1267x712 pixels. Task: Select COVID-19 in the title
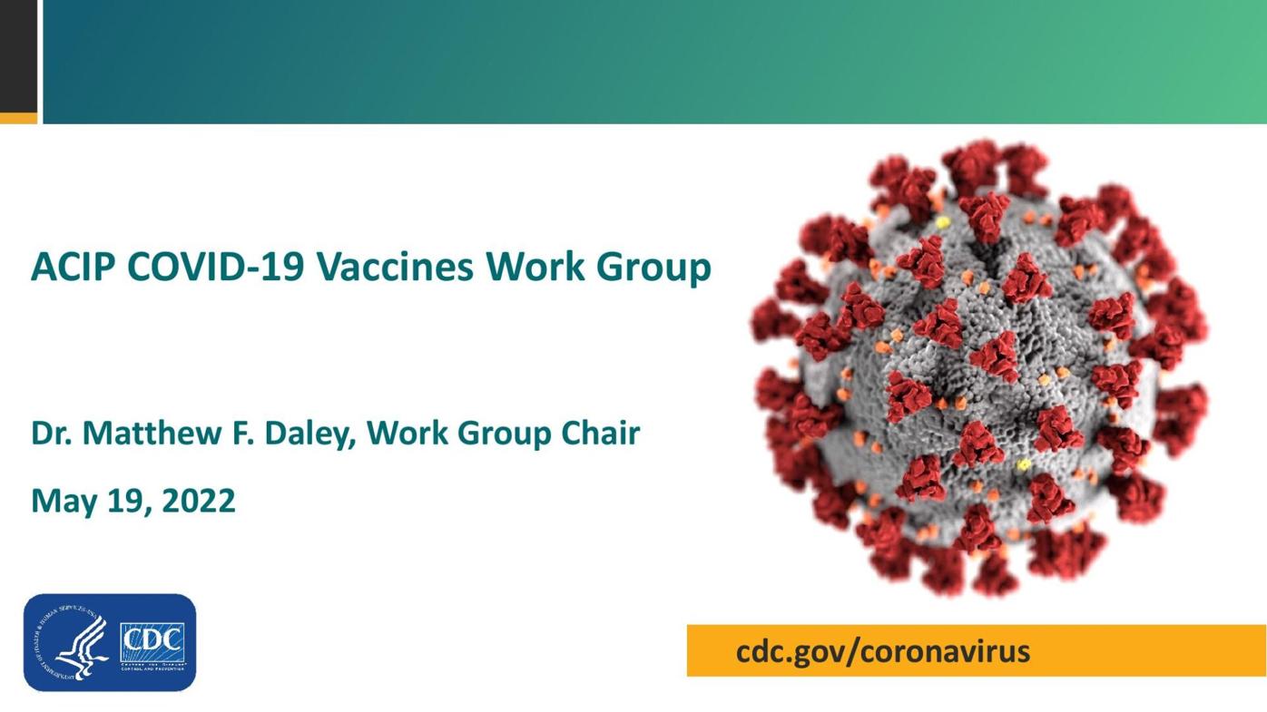coord(215,267)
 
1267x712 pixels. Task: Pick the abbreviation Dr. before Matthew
coord(51,433)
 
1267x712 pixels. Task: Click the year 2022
coord(199,501)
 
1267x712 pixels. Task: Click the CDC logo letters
coord(152,641)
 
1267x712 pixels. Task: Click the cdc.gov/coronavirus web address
coord(882,651)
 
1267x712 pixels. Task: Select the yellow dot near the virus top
coord(943,222)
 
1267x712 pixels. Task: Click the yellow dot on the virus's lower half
coord(1024,464)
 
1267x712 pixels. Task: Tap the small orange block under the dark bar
coord(18,118)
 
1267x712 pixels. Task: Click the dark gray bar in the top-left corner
coord(18,54)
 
